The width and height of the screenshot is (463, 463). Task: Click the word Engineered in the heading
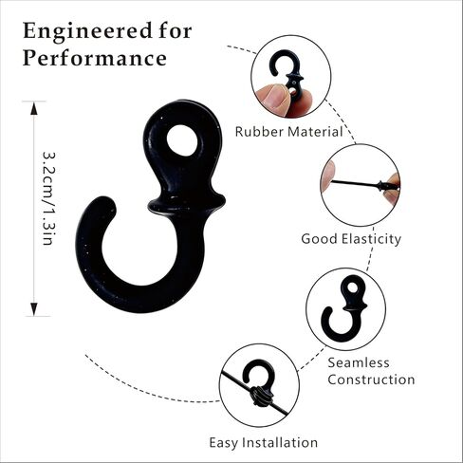87,32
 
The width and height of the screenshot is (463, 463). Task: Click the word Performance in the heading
95,59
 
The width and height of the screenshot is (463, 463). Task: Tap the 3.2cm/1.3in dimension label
49,198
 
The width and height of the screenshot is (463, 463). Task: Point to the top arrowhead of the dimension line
34,108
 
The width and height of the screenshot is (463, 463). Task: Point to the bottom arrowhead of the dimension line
34,309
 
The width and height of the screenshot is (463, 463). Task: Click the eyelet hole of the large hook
182,140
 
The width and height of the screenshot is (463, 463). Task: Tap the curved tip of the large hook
102,205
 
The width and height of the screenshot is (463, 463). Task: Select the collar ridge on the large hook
187,204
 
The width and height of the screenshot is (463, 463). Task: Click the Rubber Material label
289,132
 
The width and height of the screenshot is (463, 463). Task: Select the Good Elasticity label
351,239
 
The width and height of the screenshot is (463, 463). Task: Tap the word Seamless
359,362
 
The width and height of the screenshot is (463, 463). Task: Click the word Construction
371,380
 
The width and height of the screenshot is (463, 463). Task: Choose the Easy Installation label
264,442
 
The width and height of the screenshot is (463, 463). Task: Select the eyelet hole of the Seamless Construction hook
352,287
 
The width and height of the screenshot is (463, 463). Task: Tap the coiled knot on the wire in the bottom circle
262,397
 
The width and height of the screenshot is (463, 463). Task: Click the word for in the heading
176,31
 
